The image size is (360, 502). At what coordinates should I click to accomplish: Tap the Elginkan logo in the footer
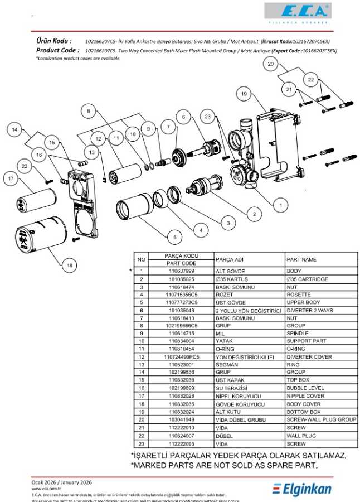tap(302, 489)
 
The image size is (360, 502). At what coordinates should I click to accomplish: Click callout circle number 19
tap(244, 94)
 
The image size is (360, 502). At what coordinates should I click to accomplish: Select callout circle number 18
tap(70, 266)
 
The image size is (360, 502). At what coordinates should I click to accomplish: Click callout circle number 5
tap(174, 236)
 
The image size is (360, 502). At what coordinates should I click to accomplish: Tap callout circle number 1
tap(280, 205)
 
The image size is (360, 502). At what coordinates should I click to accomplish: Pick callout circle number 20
tap(270, 64)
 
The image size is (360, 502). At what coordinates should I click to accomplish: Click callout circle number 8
tap(87, 111)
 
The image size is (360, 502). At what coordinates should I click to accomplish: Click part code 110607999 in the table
tap(181, 271)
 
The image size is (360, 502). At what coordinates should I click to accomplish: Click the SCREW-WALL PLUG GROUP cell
tap(320, 419)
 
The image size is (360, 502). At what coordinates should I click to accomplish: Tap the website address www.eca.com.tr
tap(46, 489)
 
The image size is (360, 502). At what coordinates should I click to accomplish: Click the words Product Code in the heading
tap(57, 50)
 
